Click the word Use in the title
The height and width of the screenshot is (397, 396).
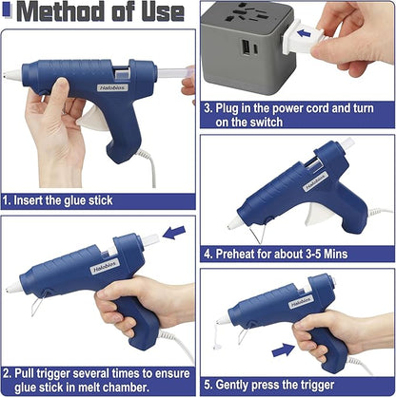tap(161, 13)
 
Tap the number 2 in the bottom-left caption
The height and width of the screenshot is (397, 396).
tap(8, 373)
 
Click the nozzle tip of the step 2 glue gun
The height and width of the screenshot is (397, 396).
tap(10, 289)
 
